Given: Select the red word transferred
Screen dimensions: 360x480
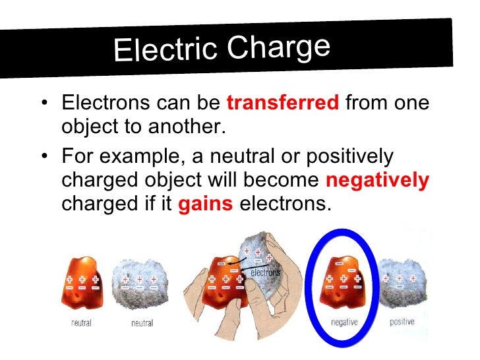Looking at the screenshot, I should coord(283,104).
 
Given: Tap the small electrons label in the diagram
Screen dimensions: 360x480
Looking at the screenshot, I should coord(266,272).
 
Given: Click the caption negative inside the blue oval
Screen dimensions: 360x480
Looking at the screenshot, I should coord(344,322).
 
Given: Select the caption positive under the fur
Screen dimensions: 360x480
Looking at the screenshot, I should coord(401,322).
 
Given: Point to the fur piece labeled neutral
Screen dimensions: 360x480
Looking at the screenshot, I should coord(138,284).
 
